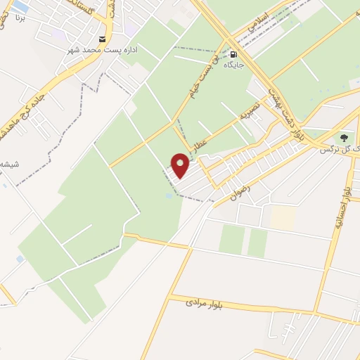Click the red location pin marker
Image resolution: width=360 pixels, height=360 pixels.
(x=181, y=166)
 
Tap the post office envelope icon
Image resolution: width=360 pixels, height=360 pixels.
(x=103, y=39)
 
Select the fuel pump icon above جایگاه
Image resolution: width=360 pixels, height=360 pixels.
(x=233, y=53)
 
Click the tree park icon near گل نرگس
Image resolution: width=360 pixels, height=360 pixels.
(x=344, y=137)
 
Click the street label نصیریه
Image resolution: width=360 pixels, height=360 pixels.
(x=250, y=112)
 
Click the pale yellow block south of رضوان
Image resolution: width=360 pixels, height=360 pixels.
(x=283, y=217)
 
